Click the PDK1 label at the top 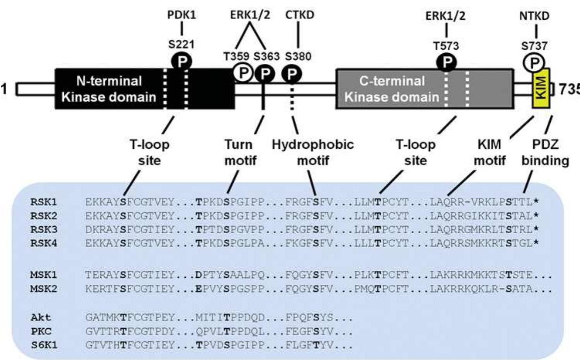click(x=181, y=15)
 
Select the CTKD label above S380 click(x=300, y=15)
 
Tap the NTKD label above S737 click(x=534, y=16)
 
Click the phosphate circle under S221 click(x=182, y=61)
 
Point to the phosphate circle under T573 click(x=446, y=62)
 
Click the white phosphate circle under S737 click(x=534, y=62)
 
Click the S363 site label click(x=266, y=56)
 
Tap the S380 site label click(x=298, y=56)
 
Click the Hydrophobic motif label click(x=313, y=152)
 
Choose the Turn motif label click(x=240, y=152)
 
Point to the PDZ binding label click(x=545, y=152)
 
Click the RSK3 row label click(x=44, y=229)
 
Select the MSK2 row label click(x=44, y=289)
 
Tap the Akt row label click(x=41, y=318)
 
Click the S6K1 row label click(x=44, y=345)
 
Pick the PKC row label click(x=41, y=331)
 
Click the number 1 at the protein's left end click(x=4, y=89)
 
